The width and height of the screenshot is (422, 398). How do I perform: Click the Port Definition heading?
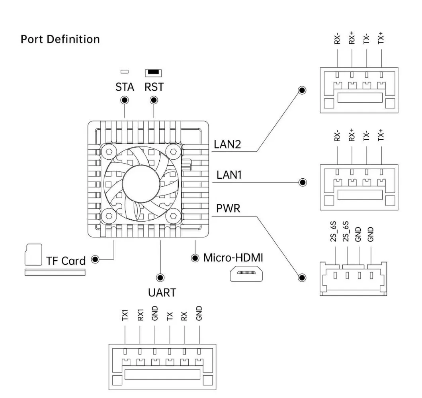point(60,39)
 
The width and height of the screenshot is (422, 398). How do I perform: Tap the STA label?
point(125,87)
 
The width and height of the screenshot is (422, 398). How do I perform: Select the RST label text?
point(154,87)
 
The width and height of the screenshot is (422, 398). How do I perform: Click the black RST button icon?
point(153,72)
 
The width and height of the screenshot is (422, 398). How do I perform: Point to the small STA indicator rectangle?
point(125,72)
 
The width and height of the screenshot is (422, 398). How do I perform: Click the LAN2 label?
point(228,144)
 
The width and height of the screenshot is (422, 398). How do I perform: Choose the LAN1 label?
point(229,175)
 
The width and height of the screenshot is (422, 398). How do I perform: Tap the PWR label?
point(228,208)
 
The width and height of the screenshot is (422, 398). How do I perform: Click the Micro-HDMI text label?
point(233,258)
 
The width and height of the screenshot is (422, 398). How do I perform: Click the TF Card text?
point(66,261)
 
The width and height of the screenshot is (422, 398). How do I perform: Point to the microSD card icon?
point(33,255)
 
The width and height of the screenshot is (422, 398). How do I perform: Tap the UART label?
point(162,293)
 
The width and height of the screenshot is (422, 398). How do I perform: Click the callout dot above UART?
point(160,277)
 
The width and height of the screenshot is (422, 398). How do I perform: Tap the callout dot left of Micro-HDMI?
point(195,258)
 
